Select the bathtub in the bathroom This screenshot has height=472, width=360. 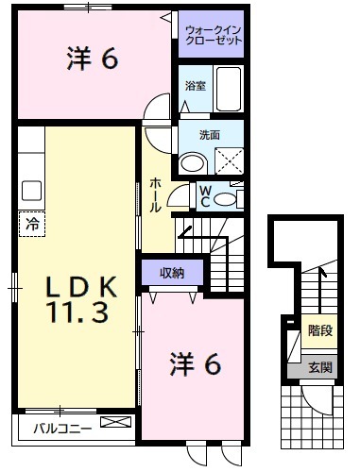pyautogui.click(x=228, y=91)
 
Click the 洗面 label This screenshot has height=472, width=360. pyautogui.click(x=209, y=136)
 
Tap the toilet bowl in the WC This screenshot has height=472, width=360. pyautogui.click(x=225, y=199)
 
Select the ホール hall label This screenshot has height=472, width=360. pyautogui.click(x=155, y=194)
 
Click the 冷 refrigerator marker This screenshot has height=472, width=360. pyautogui.click(x=31, y=225)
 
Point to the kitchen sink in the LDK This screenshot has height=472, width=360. pyautogui.click(x=31, y=189)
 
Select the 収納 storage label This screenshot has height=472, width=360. pyautogui.click(x=171, y=274)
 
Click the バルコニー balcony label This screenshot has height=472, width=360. pyautogui.click(x=62, y=428)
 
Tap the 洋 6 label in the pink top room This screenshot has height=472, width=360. pyautogui.click(x=92, y=59)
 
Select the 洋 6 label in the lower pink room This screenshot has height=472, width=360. pyautogui.click(x=196, y=362)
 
